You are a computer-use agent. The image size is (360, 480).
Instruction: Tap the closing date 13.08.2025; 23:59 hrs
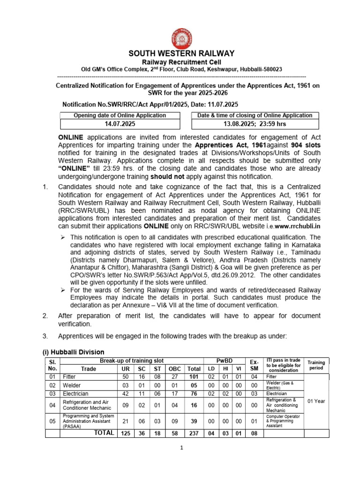click(x=255, y=124)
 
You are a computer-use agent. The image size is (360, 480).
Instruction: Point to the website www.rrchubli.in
click(x=295, y=226)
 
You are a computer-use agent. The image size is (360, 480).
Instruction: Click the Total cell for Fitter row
click(x=193, y=376)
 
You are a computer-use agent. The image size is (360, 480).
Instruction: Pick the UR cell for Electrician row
click(x=125, y=394)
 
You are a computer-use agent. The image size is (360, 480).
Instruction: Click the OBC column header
click(x=174, y=369)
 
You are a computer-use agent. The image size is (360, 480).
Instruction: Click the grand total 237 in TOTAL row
click(x=193, y=434)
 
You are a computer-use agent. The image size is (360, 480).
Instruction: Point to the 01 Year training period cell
click(x=316, y=401)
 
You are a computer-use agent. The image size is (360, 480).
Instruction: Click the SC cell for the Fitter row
click(x=142, y=376)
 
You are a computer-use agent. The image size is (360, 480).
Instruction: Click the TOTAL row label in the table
click(x=104, y=433)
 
